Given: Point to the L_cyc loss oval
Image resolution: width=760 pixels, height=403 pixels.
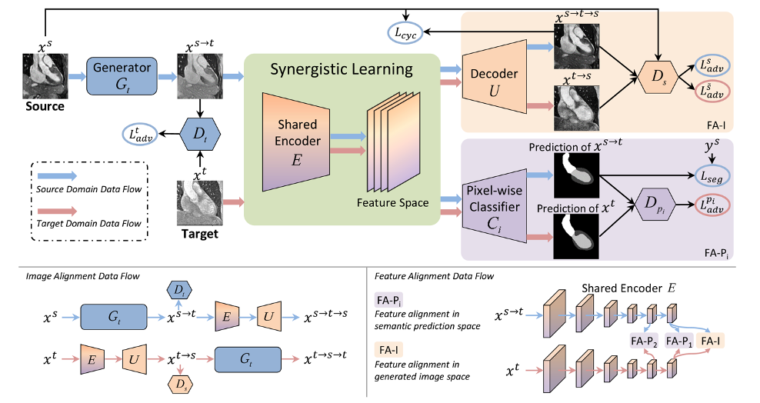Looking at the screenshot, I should (406, 32).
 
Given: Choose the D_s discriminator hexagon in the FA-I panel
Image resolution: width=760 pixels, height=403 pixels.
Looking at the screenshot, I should (658, 77).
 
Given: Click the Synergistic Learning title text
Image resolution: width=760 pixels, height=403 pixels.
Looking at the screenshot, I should (342, 70).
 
